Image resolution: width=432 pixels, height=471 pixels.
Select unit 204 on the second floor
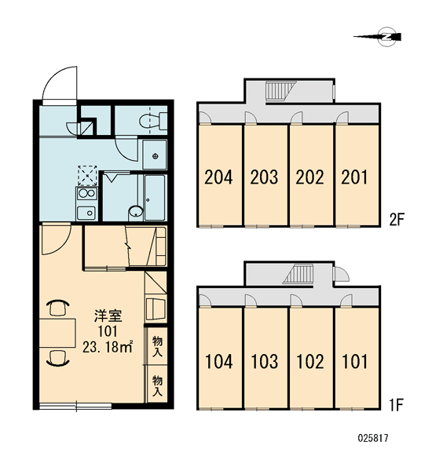220,175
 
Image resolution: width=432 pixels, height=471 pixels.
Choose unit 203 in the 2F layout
265,175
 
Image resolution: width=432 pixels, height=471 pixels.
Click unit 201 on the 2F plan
357,175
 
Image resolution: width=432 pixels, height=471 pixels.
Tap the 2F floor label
397,220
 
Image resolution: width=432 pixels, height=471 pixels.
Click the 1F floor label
397,404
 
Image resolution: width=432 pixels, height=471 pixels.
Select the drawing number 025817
373,438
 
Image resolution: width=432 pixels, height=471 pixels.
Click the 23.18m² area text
108,347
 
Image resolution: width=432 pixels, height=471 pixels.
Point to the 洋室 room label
108,316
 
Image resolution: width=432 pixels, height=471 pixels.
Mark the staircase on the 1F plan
298,274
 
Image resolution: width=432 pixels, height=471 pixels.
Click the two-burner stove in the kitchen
87,193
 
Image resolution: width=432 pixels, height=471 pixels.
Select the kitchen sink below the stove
86,213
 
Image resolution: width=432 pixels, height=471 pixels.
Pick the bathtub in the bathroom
155,198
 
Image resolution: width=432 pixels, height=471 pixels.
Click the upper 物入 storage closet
157,346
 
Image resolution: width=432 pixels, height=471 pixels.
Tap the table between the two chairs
57,333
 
